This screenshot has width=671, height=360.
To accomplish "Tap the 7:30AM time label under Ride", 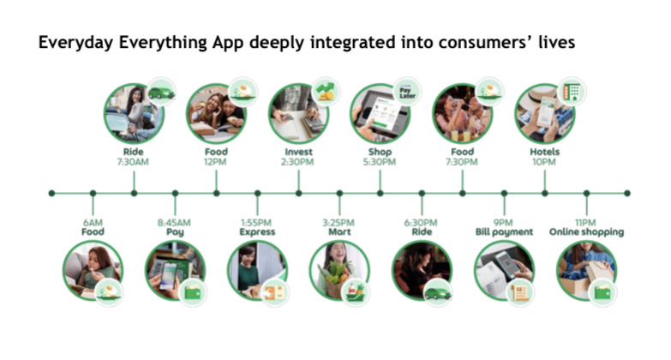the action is click(x=133, y=162).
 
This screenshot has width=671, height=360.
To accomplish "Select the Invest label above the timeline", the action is click(x=298, y=152).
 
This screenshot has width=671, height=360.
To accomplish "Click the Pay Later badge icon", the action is click(x=407, y=92).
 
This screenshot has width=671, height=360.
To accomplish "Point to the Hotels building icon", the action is click(x=572, y=92).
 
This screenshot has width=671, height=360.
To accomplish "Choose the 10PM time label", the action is click(x=544, y=162).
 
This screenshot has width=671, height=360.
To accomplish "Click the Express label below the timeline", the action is click(x=257, y=232).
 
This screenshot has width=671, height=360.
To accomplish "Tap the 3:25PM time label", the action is click(x=338, y=223).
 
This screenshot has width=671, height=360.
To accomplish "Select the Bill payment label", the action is click(x=504, y=232).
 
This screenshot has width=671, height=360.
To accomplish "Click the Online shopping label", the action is click(x=586, y=232).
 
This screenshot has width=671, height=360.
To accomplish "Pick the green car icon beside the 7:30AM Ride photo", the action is click(x=161, y=92).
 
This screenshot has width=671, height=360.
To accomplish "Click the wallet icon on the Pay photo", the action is click(x=193, y=292).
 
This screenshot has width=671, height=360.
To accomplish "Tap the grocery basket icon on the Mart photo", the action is click(x=355, y=292).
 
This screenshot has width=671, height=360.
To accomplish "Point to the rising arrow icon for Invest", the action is click(x=326, y=92).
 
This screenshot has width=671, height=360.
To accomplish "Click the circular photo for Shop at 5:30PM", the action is click(x=380, y=113).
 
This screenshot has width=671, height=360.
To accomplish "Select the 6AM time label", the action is click(x=93, y=223).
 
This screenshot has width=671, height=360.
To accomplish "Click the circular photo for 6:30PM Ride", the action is click(x=422, y=271).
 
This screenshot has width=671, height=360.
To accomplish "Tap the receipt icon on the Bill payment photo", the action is click(x=520, y=292).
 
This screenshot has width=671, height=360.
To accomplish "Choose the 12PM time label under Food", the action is click(x=216, y=162).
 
